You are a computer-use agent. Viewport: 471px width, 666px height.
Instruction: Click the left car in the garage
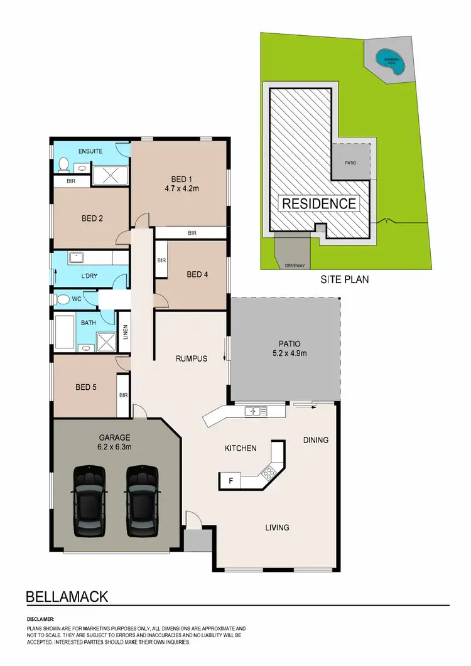88,501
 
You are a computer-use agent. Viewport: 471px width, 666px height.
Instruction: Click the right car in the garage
141,501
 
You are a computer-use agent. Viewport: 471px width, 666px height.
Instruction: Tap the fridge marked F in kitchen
230,481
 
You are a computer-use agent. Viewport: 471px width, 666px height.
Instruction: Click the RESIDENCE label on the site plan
319,203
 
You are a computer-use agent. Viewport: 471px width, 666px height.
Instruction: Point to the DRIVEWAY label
295,266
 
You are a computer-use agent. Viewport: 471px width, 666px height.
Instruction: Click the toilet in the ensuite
63,165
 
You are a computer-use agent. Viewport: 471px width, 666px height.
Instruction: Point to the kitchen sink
256,412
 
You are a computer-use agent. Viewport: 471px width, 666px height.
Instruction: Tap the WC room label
77,299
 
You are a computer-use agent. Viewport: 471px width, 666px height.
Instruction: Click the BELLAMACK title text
67,595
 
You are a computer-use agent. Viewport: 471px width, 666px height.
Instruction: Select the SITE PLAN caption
345,279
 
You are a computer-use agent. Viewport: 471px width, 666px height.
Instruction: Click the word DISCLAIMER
41,619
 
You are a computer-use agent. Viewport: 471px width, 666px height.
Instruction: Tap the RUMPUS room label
191,359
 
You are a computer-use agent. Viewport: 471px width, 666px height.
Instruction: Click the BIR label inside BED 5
122,395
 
